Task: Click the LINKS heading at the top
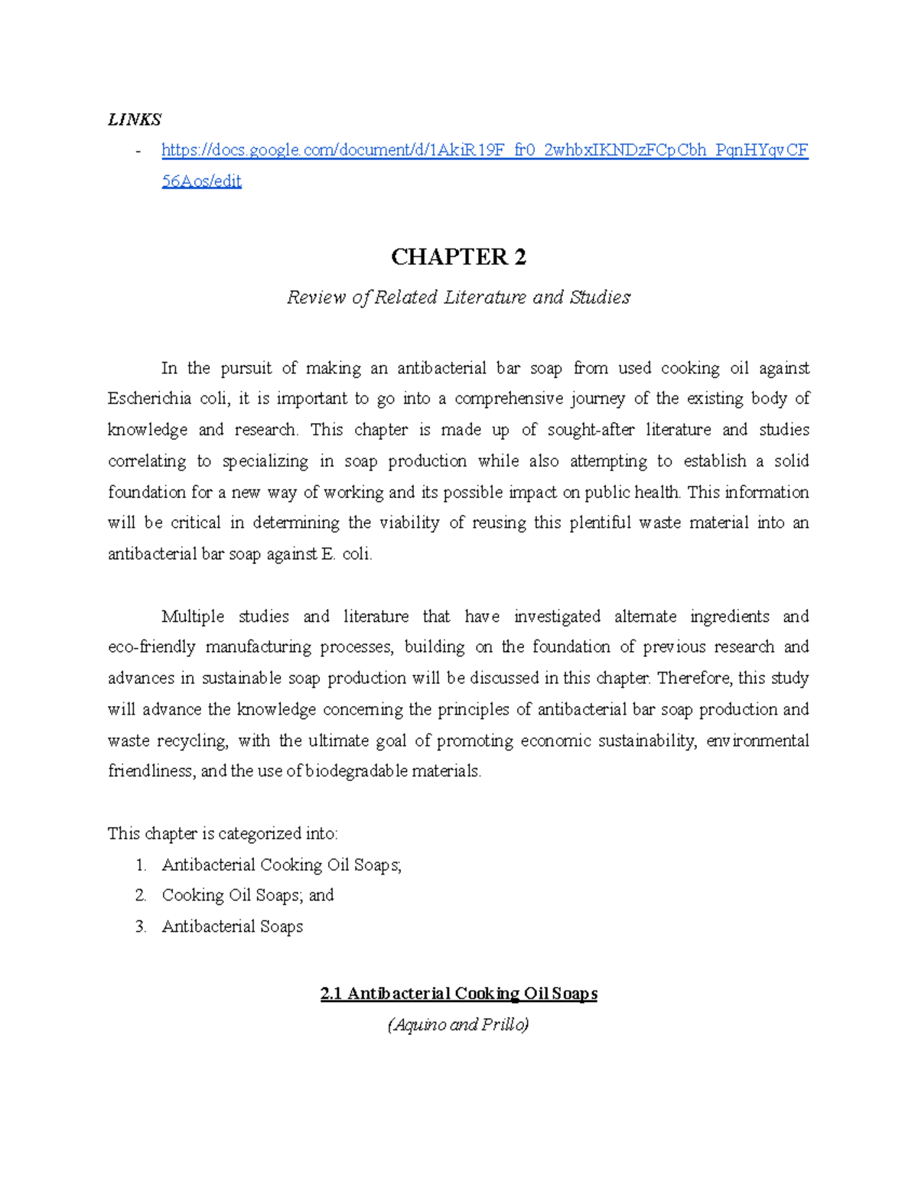tap(135, 119)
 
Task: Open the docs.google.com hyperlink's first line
tap(484, 150)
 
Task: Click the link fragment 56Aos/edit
tap(201, 181)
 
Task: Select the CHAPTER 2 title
tap(458, 257)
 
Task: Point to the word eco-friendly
tap(151, 647)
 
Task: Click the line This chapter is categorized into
tap(223, 834)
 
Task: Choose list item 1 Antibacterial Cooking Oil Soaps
tap(281, 865)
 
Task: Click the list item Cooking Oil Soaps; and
tap(247, 895)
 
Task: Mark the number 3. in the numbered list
tap(141, 927)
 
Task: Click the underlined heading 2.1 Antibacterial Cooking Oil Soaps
tap(458, 994)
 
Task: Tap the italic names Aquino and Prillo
tap(458, 1025)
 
